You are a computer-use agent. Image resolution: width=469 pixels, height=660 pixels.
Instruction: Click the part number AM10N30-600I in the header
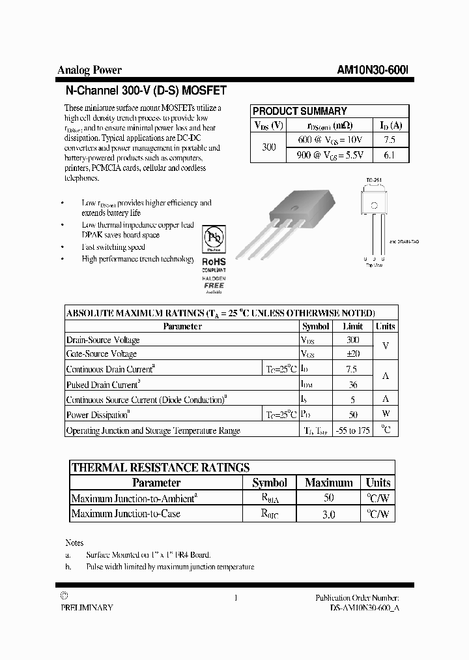click(373, 70)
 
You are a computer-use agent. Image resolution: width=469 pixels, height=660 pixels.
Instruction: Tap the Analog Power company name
click(89, 70)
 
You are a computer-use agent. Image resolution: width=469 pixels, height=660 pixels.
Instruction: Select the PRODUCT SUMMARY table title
click(300, 111)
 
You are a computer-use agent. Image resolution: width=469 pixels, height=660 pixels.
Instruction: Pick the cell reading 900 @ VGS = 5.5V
click(330, 155)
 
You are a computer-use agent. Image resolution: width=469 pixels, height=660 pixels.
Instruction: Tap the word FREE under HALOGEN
click(214, 285)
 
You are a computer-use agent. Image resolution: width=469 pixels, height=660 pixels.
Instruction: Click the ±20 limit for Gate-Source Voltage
click(353, 353)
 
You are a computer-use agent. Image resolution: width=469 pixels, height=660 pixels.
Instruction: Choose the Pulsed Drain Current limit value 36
click(353, 385)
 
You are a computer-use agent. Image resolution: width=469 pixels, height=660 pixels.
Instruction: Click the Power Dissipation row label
click(98, 415)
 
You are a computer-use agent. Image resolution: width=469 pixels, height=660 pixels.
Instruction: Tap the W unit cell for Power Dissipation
click(386, 414)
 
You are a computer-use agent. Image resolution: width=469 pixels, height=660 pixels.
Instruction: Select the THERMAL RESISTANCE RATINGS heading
click(160, 467)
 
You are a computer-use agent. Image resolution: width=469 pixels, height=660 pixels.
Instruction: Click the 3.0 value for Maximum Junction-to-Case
click(329, 514)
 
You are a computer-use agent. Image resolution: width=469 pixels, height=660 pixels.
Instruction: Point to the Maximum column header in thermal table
click(329, 483)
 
